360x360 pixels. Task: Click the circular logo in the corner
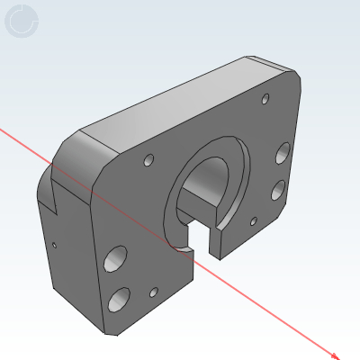coord(22,21)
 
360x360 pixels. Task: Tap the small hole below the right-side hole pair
coord(254,220)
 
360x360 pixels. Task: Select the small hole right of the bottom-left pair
coord(154,292)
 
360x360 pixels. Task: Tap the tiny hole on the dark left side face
coord(54,243)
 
